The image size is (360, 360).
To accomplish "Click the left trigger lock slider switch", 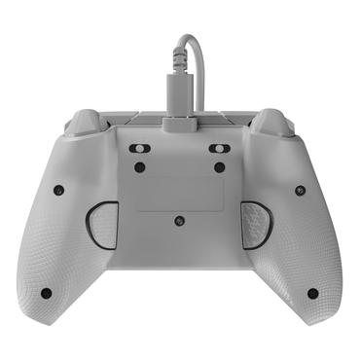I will [139, 149].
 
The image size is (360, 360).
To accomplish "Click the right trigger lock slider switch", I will [220, 149].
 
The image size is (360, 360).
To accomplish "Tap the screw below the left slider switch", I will [139, 167].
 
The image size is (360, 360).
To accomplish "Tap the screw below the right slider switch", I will [220, 167].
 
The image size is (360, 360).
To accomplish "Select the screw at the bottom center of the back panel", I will [179, 221].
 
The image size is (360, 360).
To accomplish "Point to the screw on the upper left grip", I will [58, 189].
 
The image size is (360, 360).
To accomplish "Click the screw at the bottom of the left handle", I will [46, 292].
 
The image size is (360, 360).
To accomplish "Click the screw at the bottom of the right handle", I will [312, 292].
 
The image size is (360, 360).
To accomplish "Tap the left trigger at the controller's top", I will [86, 122].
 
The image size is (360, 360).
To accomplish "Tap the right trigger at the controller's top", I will [273, 122].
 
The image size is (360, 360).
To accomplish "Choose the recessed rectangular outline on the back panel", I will [179, 192].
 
